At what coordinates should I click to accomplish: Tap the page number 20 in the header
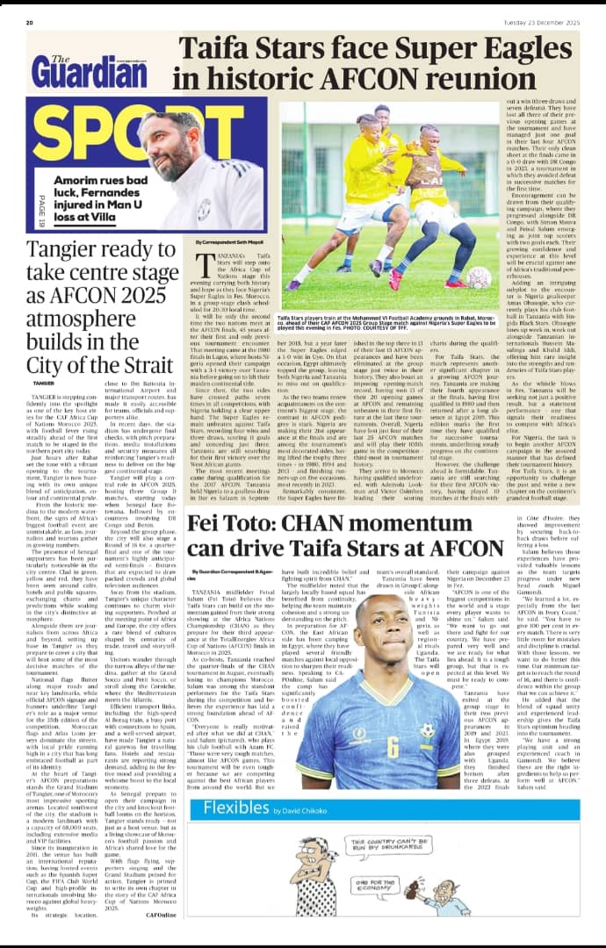pyautogui.click(x=30, y=22)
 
